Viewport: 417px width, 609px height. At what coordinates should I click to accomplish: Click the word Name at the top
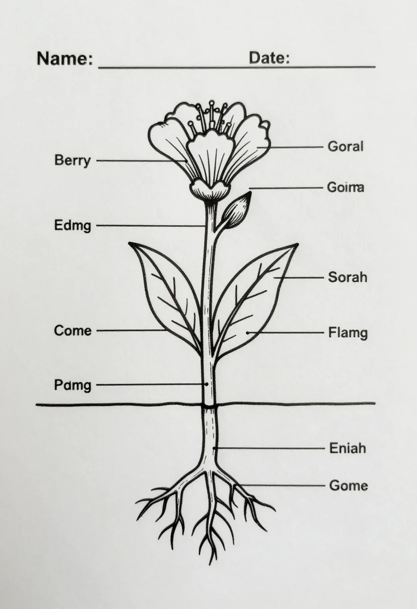click(65, 58)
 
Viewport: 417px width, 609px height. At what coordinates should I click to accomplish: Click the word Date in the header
click(269, 58)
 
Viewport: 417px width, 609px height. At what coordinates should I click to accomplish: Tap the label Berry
click(72, 160)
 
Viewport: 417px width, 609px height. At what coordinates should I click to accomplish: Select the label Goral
click(345, 146)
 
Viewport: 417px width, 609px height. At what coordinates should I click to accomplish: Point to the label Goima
click(345, 187)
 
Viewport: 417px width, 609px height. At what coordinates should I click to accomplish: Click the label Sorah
click(347, 277)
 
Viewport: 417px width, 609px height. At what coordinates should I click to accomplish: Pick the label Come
click(73, 331)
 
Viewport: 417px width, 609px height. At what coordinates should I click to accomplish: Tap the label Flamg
click(348, 333)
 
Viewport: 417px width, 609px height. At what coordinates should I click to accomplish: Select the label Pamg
click(72, 385)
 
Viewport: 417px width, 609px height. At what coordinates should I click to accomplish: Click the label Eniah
click(347, 448)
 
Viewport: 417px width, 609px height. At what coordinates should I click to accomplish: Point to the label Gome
click(348, 486)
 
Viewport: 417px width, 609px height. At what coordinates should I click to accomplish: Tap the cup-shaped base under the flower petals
click(210, 190)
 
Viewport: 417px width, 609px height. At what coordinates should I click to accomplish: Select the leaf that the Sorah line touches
click(253, 299)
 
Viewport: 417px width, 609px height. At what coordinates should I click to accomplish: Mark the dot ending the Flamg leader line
click(248, 333)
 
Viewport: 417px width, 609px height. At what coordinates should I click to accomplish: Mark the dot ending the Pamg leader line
click(207, 384)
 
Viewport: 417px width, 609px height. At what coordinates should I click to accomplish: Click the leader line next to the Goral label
click(290, 147)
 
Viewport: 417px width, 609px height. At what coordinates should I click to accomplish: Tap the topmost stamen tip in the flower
click(212, 103)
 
